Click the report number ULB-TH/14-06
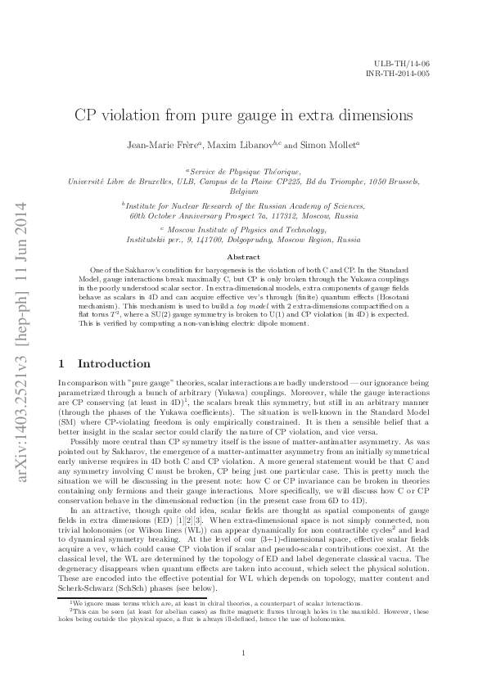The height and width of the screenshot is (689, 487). pos(407,63)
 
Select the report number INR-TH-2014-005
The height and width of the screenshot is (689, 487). pos(400,73)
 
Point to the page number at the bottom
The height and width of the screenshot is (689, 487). pos(244,652)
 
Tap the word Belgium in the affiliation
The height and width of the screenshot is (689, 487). pos(243,191)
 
